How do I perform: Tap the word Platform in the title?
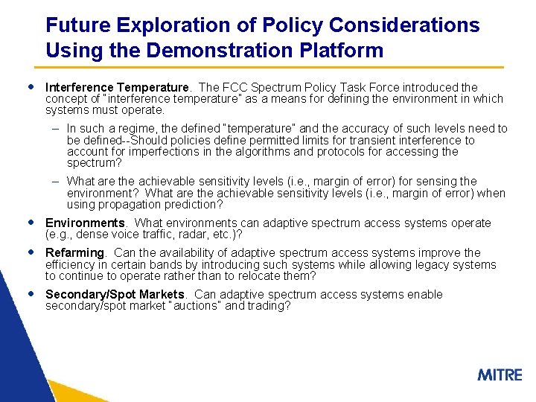[x=340, y=51]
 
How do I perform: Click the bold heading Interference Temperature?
[x=118, y=87]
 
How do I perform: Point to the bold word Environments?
[x=85, y=223]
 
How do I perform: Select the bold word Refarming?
[x=76, y=252]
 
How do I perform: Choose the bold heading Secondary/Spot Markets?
[x=115, y=294]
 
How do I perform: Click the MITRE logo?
[x=500, y=374]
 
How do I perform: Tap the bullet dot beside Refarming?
[x=29, y=252]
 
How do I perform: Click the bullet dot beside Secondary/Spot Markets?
[x=29, y=293]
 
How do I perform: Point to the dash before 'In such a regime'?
[x=57, y=129]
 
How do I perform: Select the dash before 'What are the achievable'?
[x=57, y=181]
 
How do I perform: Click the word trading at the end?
[x=267, y=306]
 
